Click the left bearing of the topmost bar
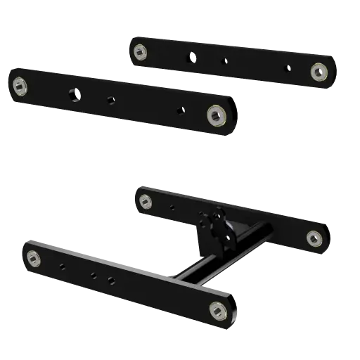click(x=140, y=49)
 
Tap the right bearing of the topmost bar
click(x=319, y=70)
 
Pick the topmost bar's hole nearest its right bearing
click(x=287, y=68)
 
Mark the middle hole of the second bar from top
click(x=111, y=99)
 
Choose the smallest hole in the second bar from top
click(x=182, y=110)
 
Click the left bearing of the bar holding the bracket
click(x=146, y=202)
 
